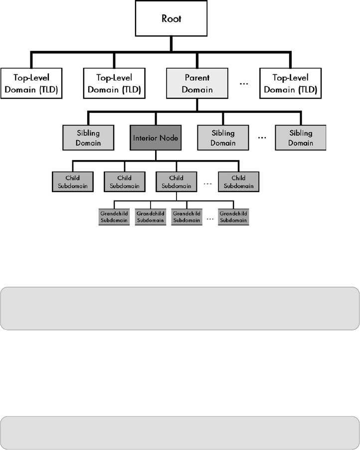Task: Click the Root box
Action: pos(171,19)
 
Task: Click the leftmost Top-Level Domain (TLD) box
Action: pos(31,84)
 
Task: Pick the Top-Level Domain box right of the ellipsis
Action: pos(290,84)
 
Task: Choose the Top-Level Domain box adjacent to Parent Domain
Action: pos(114,84)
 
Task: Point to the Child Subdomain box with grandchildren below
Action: pos(176,181)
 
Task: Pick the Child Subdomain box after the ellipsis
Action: pos(238,181)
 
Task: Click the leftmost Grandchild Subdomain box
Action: pos(114,216)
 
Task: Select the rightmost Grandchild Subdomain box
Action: pos(233,216)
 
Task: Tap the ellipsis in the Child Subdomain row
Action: pos(207,183)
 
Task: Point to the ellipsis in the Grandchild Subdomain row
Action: pos(210,219)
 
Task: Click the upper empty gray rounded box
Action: pos(180,308)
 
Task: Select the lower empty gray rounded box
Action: pos(180,433)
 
